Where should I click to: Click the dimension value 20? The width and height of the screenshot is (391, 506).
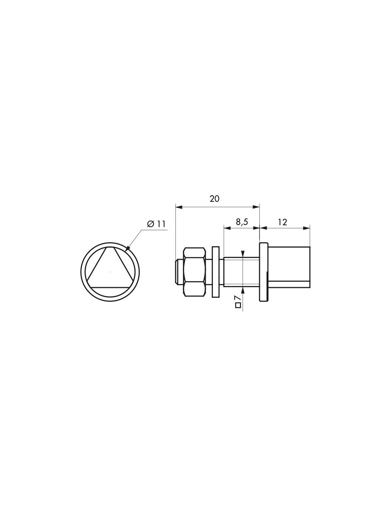click(214, 199)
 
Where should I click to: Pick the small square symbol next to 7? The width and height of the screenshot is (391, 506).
click(238, 305)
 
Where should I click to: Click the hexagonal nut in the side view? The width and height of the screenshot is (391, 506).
click(194, 272)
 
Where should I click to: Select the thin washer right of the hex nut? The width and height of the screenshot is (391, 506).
click(216, 272)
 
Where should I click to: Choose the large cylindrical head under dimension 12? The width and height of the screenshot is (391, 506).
click(289, 264)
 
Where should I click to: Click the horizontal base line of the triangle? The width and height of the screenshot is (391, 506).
click(110, 287)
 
